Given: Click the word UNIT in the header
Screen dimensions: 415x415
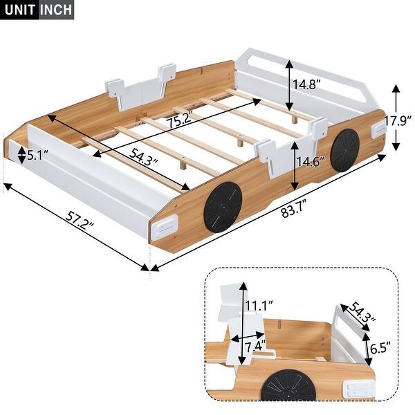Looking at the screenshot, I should click(x=19, y=10).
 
